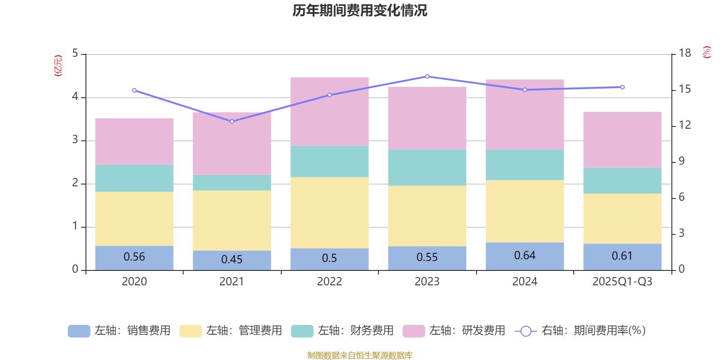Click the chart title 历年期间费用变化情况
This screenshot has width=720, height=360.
coord(360,10)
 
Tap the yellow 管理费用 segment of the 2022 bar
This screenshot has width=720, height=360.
coord(329,212)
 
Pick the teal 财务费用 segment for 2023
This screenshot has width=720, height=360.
coord(427,167)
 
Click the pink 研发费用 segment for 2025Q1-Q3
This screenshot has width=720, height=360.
coord(622,139)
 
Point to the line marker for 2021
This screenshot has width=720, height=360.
coord(232,121)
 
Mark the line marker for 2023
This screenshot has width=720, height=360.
coord(427,76)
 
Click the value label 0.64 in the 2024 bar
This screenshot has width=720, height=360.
coord(525,256)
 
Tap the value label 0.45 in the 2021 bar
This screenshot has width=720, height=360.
coord(232,260)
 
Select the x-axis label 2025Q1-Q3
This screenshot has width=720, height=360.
coord(622,282)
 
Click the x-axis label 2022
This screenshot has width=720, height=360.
coord(329,282)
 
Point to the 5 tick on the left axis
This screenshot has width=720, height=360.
coord(75,54)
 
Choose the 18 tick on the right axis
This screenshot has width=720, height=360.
coord(685,54)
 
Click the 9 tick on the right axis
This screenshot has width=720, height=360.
coord(682,162)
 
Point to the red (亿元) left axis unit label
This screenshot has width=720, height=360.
coord(58,66)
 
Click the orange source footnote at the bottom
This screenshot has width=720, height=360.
coord(360,355)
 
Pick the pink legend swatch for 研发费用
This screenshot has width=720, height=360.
coord(414,331)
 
